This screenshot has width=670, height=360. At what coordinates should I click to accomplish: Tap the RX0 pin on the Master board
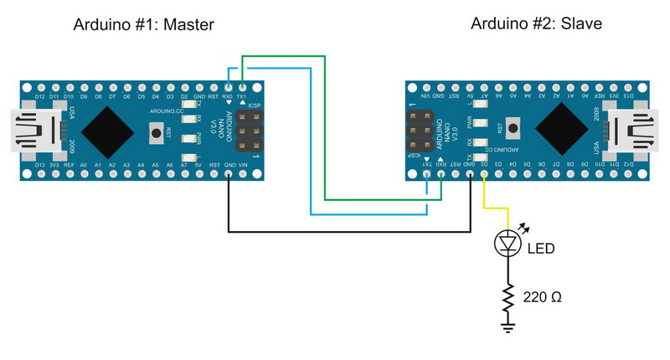[228, 86]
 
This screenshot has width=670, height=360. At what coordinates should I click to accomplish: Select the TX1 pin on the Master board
[242, 86]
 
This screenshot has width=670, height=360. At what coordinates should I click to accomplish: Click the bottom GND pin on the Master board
[228, 177]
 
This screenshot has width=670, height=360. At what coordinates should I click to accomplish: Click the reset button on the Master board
[156, 131]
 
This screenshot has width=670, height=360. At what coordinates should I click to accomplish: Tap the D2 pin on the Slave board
[484, 177]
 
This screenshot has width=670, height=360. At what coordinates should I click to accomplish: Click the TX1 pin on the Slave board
[427, 177]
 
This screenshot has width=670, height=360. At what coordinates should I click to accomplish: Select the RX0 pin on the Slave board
[441, 177]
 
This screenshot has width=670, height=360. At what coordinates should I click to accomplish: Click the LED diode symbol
[508, 244]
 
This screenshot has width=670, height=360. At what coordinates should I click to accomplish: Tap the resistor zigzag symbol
[508, 295]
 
